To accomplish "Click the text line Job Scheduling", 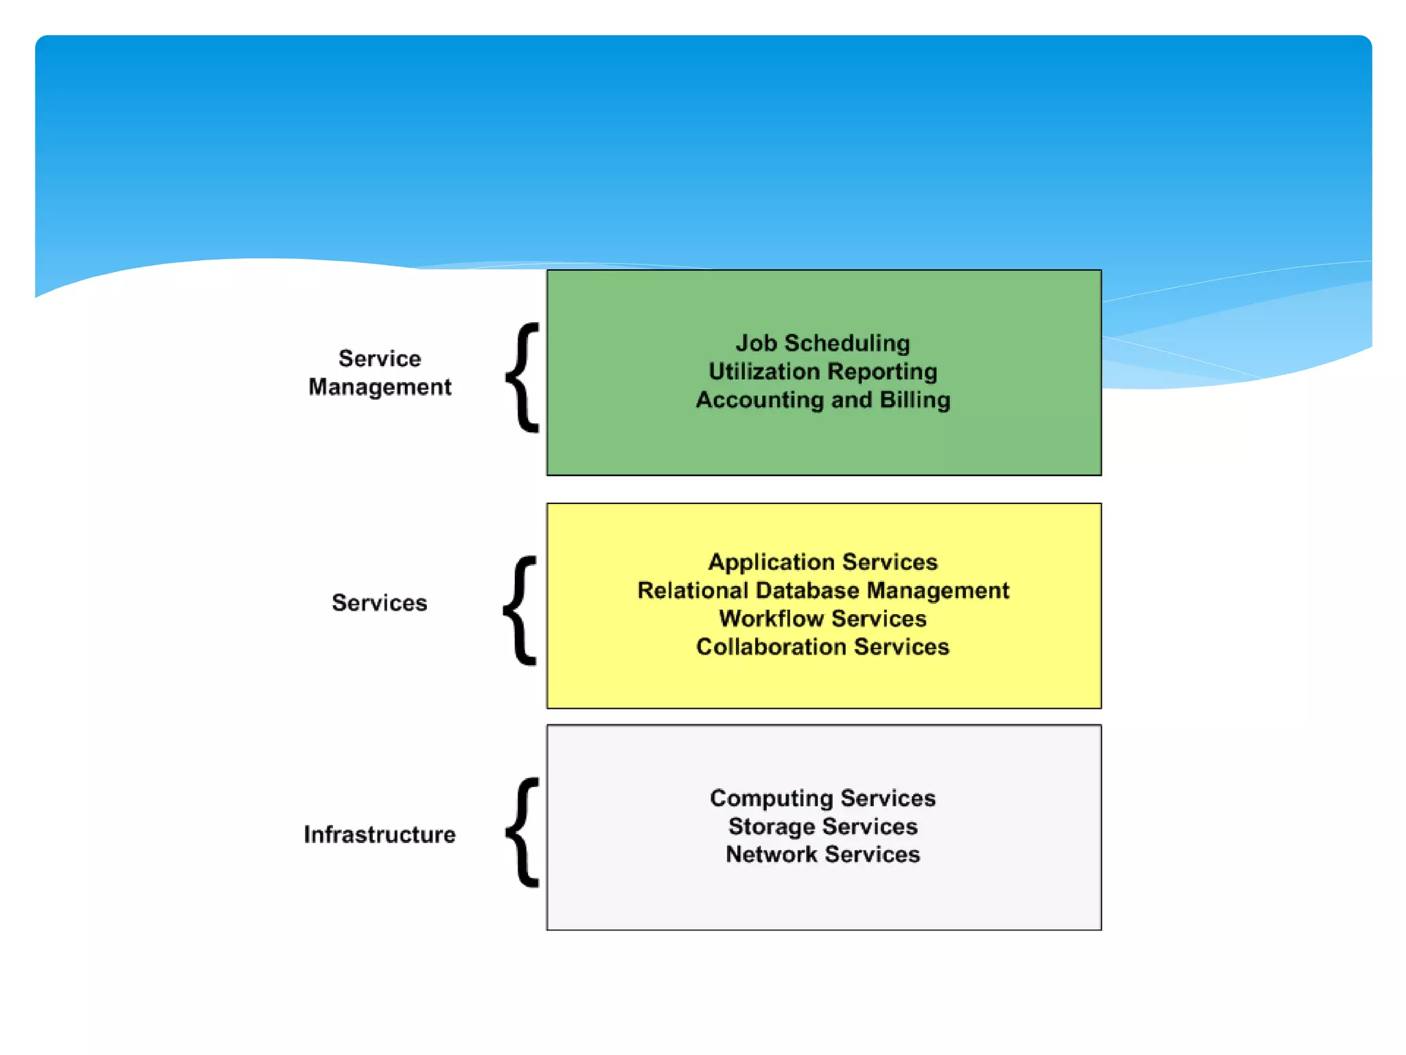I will tap(822, 343).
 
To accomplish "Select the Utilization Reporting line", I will tap(822, 372).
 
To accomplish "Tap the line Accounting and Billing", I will tap(822, 400).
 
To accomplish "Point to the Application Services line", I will tap(822, 562).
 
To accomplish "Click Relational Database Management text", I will tap(822, 591).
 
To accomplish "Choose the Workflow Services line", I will tap(822, 619).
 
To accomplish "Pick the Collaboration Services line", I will tap(822, 647).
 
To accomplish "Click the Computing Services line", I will tap(822, 798).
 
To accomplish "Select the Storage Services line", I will tap(822, 826).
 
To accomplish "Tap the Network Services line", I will tap(822, 854).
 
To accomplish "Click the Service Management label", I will tap(380, 372).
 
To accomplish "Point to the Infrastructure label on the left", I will tap(380, 835).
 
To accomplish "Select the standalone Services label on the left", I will tap(380, 603).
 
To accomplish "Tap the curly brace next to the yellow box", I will tap(521, 610).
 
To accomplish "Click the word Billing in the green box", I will tap(915, 400).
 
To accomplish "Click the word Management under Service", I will tap(380, 387).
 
